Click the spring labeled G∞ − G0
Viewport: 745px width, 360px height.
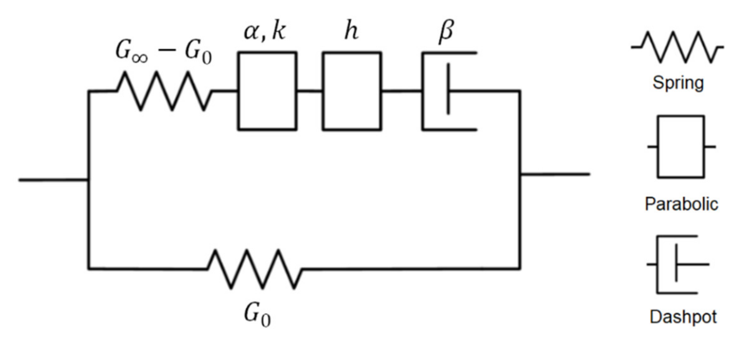(164, 91)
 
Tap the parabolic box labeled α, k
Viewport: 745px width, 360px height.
(267, 91)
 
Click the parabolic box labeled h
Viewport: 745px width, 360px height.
(352, 91)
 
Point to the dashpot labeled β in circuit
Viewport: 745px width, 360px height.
(448, 91)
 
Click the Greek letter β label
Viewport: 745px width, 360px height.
(446, 32)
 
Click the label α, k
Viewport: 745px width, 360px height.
(265, 32)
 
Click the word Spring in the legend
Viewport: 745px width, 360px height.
(678, 83)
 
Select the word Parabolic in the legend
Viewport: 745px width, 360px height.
(681, 204)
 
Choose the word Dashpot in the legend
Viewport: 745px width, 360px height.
(683, 317)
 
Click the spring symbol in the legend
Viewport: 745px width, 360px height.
(677, 47)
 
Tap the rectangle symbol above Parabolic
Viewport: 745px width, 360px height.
(681, 147)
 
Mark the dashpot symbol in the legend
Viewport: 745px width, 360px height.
(677, 264)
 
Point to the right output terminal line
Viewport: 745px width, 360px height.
(555, 174)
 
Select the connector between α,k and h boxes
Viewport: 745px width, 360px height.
(309, 91)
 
